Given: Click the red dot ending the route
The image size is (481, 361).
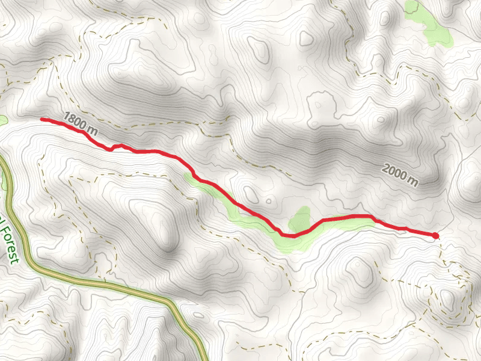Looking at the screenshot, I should tap(435, 236).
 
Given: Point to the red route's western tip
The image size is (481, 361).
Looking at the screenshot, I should tap(42, 119).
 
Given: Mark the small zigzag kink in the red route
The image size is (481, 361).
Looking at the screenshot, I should tap(115, 147).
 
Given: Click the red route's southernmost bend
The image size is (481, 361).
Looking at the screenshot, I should tap(289, 235).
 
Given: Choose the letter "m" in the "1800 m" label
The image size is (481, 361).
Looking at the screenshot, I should tap(92, 129).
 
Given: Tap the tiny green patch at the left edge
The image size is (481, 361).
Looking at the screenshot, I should tap(2, 120).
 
